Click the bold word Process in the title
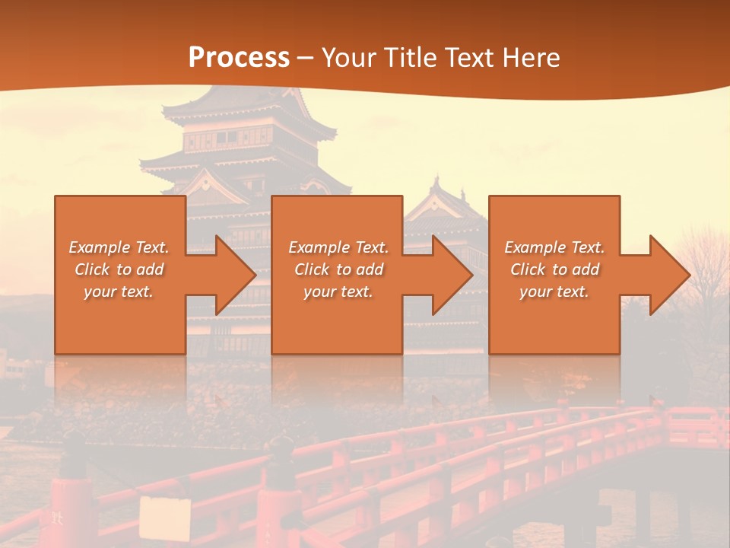click(x=239, y=57)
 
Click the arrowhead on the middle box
click(x=452, y=275)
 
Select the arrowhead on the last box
click(x=669, y=275)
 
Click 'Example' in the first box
click(x=100, y=247)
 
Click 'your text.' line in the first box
click(x=119, y=292)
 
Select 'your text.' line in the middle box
click(x=338, y=292)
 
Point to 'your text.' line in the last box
click(x=554, y=292)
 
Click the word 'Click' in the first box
click(x=91, y=269)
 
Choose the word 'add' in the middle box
click(x=370, y=269)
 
